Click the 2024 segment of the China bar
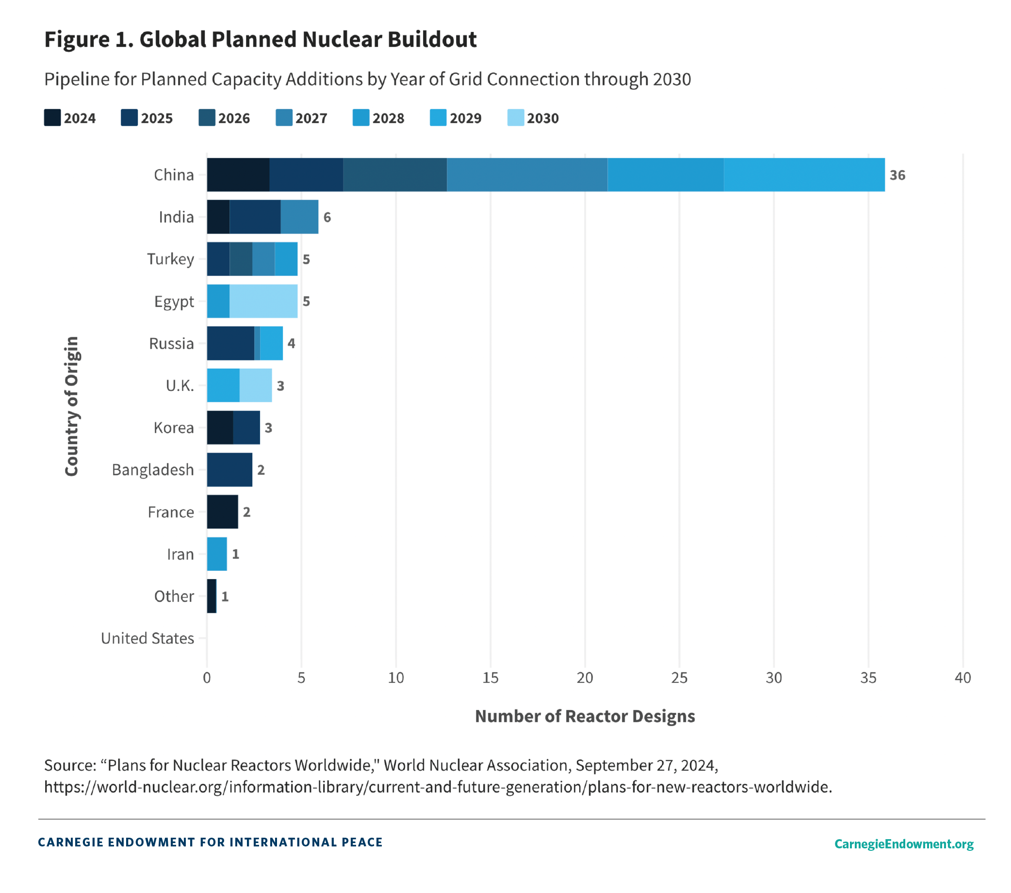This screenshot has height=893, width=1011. point(238,175)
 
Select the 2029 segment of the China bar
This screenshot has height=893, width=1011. point(804,175)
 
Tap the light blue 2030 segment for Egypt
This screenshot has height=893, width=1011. point(263,301)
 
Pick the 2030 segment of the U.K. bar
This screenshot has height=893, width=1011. point(255,385)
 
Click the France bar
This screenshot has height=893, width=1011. point(222,512)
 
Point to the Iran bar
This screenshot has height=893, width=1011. point(217,554)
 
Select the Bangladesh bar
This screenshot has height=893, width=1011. point(229,470)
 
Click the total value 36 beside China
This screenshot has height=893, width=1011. point(897,175)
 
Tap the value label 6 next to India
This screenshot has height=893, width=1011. point(327,217)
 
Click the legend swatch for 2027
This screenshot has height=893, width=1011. point(284,118)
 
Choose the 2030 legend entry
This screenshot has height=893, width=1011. point(533,118)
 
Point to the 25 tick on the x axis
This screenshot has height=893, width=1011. point(679,678)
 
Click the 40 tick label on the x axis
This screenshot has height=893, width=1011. point(962,678)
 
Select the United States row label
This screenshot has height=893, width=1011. point(147,638)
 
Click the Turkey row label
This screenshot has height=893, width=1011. point(170,259)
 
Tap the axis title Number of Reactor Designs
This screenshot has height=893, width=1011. point(585,716)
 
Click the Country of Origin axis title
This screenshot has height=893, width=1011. point(72,406)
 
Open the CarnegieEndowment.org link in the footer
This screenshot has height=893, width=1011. point(904,844)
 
